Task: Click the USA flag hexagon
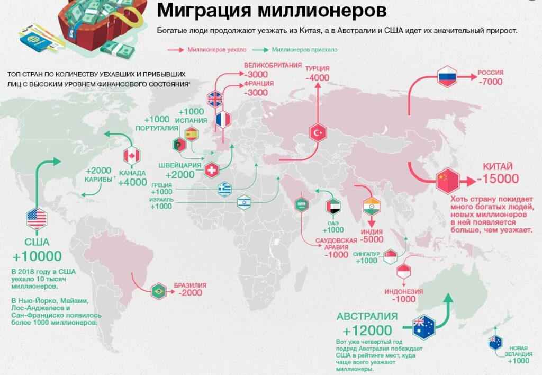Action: pos(37,218)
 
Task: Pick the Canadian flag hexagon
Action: pos(132,156)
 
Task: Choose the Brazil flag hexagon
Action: pos(157,291)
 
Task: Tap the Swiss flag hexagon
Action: pos(212,169)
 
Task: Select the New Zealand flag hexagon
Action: pos(496,342)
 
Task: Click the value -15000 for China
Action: pos(498,179)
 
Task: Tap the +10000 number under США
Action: pos(38,257)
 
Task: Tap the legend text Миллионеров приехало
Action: pos(304,50)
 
